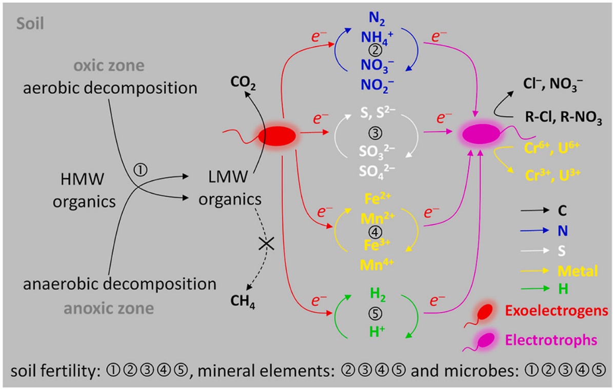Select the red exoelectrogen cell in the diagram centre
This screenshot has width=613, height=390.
point(276,136)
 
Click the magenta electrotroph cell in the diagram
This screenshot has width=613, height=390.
point(482,134)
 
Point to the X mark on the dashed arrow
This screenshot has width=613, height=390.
point(266,244)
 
